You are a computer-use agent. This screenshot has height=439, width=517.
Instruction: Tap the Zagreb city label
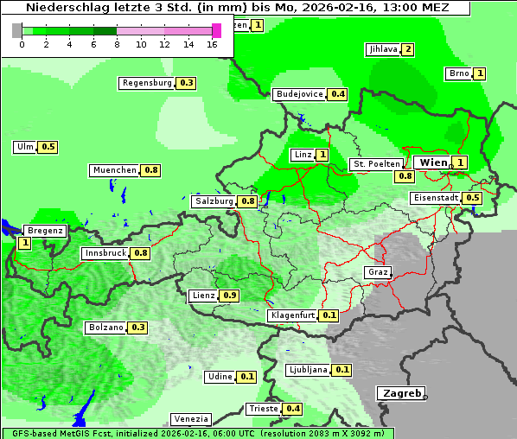pos(401,393)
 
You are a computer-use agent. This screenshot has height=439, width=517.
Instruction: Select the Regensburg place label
pos(147,83)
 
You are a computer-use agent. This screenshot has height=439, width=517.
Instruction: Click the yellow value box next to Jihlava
pos(408,49)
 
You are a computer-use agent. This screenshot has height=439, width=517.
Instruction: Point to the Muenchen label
pos(115,170)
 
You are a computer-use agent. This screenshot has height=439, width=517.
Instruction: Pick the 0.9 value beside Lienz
pos(229,296)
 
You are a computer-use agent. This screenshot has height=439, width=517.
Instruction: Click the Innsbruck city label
pos(105,253)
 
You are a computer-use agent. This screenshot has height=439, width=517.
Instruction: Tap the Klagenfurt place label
pos(291,315)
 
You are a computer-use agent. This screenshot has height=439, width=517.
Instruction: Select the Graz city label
pos(378,272)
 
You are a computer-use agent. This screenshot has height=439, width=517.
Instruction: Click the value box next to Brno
pos(480,73)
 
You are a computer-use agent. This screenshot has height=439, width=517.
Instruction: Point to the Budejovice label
pos(299,93)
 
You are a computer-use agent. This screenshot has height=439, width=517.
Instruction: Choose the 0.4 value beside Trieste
pos(293,409)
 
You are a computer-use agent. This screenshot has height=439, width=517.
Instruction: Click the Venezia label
pos(190,419)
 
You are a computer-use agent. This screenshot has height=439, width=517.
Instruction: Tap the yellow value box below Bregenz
pos(24,244)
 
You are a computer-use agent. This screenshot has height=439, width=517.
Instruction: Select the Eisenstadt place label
pos(436,198)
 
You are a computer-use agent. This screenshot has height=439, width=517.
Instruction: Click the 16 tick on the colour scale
pos(213,43)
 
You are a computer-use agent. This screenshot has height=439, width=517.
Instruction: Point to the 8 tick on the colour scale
pos(117,43)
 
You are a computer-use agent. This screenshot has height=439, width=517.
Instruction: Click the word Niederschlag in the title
pos(67,8)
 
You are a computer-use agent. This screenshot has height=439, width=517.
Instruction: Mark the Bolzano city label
pos(106,328)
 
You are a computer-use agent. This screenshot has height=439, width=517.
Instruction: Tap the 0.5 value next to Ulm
pos(48,147)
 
